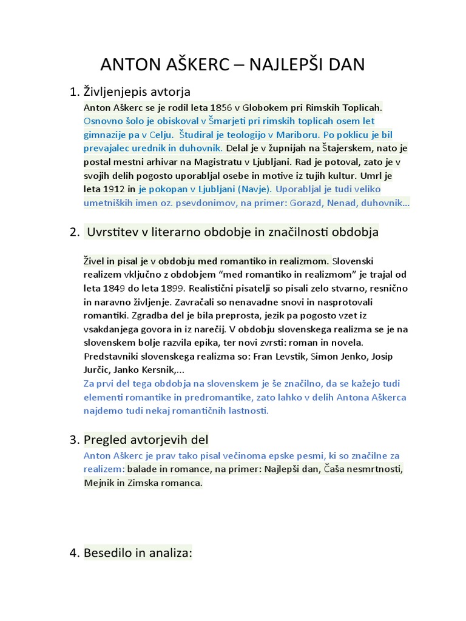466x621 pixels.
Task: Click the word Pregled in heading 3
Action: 107,439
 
